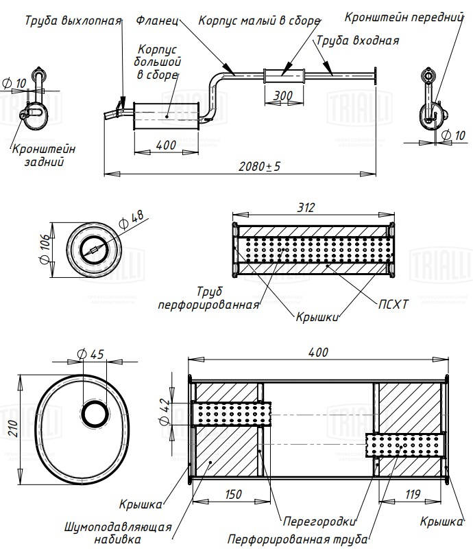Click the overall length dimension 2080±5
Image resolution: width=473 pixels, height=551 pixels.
[260, 167]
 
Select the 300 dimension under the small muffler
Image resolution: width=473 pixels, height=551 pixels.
[282, 95]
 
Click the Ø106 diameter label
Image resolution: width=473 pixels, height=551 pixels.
[45, 250]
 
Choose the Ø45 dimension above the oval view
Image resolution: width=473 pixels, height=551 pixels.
[91, 354]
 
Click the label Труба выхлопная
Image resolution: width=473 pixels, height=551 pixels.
[73, 21]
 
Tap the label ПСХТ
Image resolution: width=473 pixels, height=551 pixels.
[393, 303]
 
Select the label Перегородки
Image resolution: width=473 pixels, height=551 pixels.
[311, 519]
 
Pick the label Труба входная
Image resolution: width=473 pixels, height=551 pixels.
[357, 40]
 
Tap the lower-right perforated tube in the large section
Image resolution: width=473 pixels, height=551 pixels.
[404, 446]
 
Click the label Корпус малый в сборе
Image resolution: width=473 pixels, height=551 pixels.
[259, 21]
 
